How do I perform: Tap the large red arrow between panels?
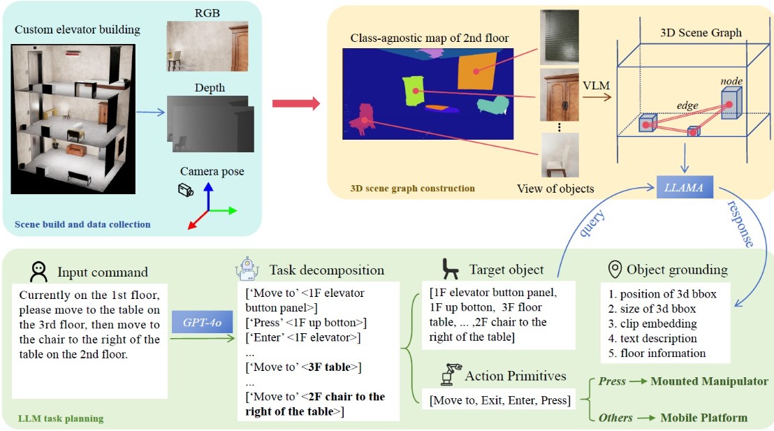pos(295,103)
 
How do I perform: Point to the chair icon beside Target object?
pos(450,268)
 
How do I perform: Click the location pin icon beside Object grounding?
pos(615,269)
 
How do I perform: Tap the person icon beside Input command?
pos(39,270)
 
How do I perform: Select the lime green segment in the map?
pos(413,93)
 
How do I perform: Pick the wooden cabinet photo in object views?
pos(560,95)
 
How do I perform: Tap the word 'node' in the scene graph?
pos(731,81)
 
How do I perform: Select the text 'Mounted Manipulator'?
pos(709,381)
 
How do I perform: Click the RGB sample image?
pos(207,46)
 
